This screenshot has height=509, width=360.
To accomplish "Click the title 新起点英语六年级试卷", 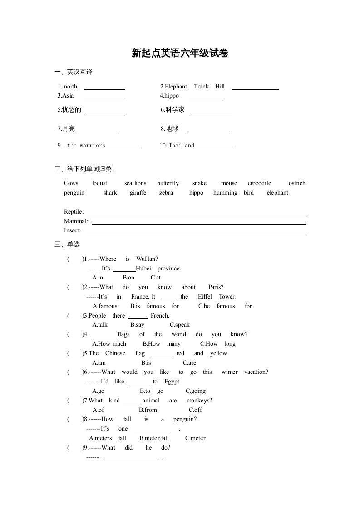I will [180, 54].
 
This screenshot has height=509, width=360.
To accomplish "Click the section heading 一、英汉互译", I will [74, 72].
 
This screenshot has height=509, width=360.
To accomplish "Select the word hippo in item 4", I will [172, 96].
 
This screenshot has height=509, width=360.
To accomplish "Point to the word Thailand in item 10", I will [182, 146].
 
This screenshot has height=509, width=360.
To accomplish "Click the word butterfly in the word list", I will [168, 183].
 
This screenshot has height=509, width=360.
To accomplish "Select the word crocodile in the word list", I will [259, 183].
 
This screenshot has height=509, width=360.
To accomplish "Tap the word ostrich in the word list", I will [297, 183].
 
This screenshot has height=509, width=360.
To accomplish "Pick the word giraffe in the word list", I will [138, 193].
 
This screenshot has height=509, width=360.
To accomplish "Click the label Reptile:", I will [74, 212].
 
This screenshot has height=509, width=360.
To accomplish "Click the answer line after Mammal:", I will [198, 222].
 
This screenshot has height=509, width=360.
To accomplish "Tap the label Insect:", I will [73, 230].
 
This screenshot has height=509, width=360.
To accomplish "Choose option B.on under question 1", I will [128, 278].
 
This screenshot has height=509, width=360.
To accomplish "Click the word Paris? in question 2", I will [216, 287].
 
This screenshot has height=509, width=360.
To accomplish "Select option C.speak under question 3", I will [180, 325].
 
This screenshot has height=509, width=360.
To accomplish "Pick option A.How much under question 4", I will [109, 344].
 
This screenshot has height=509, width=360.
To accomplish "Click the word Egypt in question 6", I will [173, 382].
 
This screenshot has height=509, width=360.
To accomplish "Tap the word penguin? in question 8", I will [185, 419].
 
